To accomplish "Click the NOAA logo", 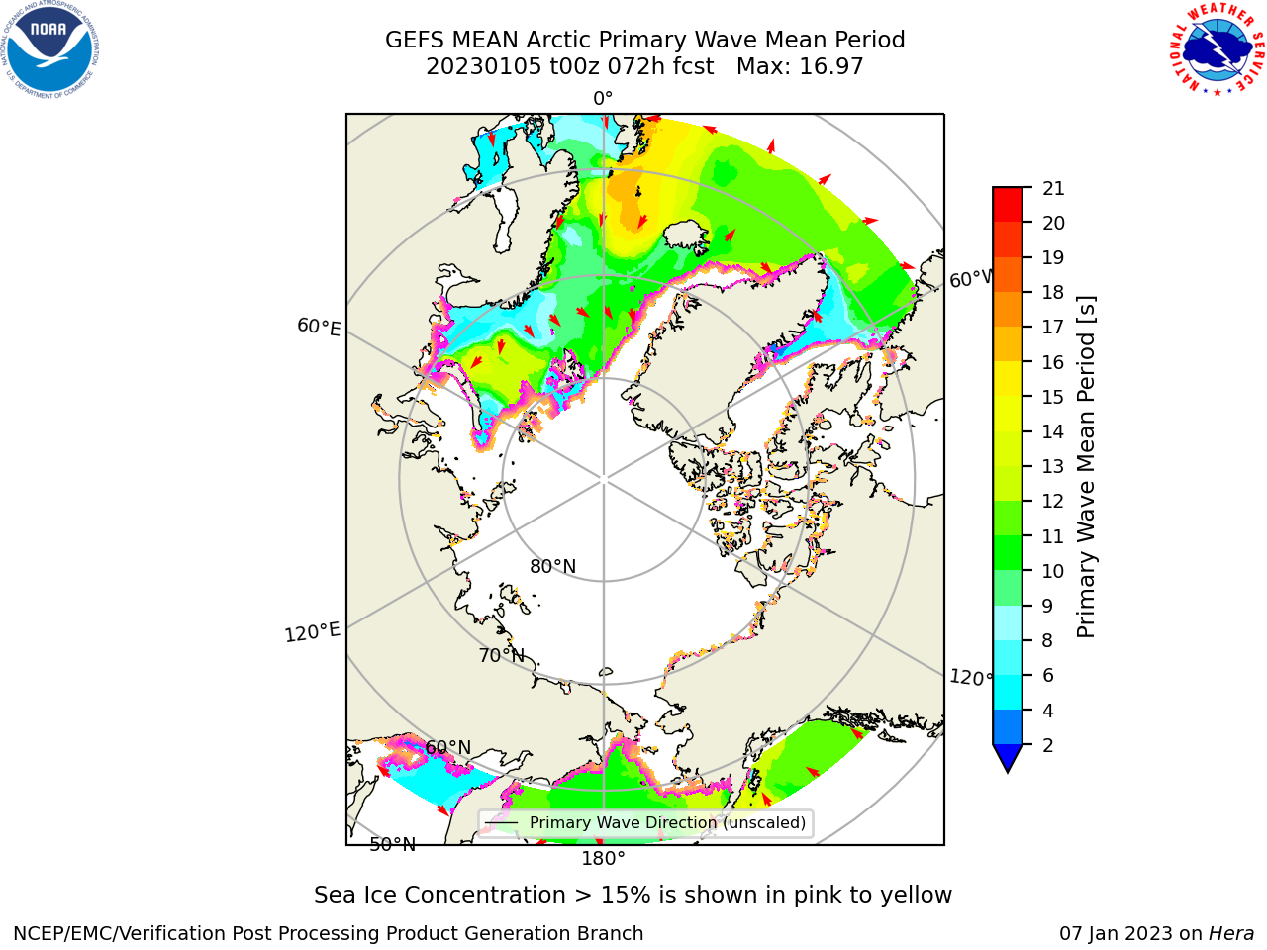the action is tap(49, 49).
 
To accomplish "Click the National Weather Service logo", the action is tap(1217, 49).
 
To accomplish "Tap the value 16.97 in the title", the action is tap(830, 67).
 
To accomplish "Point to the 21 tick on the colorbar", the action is tap(1053, 188).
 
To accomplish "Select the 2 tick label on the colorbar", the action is tap(1047, 745).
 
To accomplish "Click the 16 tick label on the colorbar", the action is tap(1053, 362).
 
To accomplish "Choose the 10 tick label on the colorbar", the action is tap(1053, 571).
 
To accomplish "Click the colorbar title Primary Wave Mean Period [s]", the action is tap(1086, 467).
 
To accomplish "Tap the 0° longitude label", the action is tap(603, 99).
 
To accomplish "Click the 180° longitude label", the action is tap(603, 859).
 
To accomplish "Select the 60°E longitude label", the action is tap(319, 327).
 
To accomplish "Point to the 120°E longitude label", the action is tap(312, 632).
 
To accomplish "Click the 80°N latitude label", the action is tap(553, 567).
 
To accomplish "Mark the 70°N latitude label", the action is tap(502, 656).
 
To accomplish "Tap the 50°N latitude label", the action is tap(393, 845).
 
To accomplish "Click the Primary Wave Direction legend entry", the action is tap(645, 823).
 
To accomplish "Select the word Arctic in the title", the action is tap(559, 41).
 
